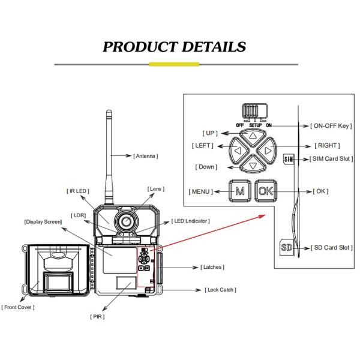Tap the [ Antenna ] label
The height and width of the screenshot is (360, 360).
[145, 156]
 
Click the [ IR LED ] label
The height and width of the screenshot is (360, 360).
[78, 191]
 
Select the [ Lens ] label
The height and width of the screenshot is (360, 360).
[155, 189]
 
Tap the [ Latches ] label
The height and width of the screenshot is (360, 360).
[208, 266]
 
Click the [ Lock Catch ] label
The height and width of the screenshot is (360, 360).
[220, 290]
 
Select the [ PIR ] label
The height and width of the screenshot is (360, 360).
[98, 316]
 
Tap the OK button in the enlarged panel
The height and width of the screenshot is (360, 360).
[265, 191]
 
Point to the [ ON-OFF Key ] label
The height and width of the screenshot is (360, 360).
[331, 126]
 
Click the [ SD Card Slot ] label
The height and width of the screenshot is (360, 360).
[331, 247]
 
